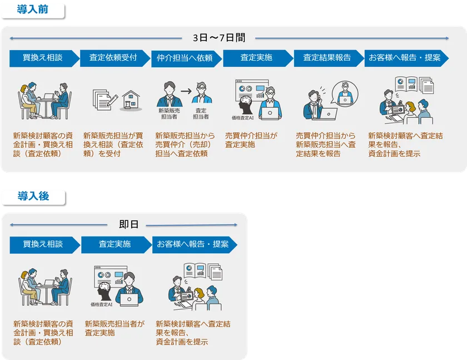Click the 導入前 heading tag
[x=32, y=9]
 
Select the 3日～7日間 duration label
[x=218, y=38]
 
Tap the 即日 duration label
[x=128, y=224]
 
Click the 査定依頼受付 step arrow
[x=113, y=58]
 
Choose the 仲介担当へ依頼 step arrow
[x=185, y=58]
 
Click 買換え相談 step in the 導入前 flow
[x=43, y=58]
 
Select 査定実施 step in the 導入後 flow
[x=115, y=244]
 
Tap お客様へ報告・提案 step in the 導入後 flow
[x=193, y=244]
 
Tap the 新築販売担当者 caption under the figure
[x=169, y=114]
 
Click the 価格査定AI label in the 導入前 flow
[x=243, y=118]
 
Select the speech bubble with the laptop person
[x=345, y=95]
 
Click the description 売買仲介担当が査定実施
[x=251, y=140]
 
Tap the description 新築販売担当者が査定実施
[x=115, y=328]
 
